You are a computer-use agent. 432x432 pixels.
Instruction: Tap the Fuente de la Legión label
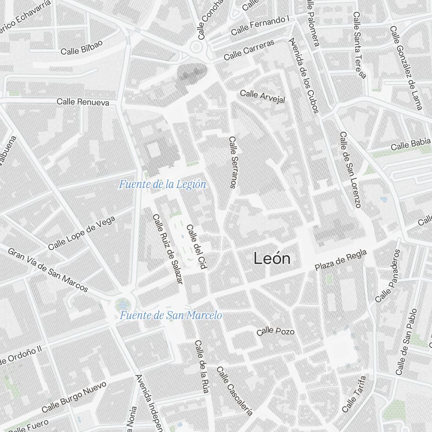162,185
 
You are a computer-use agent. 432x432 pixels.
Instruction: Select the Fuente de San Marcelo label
171,315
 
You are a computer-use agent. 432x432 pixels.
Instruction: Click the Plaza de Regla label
340,260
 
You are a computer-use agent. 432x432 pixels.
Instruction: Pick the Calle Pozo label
276,331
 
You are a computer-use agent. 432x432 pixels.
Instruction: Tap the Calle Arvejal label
263,96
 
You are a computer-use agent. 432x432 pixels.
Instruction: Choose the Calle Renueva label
83,102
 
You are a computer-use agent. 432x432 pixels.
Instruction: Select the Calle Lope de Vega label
82,233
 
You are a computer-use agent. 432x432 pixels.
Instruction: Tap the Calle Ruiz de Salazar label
168,249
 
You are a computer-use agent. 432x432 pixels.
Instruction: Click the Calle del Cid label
195,247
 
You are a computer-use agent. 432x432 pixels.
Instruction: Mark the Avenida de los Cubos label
305,76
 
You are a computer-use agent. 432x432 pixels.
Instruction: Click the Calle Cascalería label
234,391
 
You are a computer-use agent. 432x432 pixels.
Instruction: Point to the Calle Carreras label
249,50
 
